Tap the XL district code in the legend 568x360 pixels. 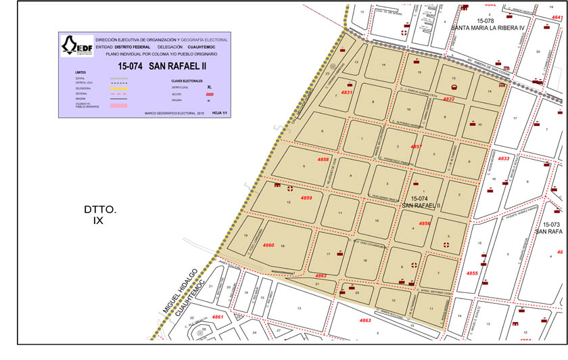click(x=210, y=87)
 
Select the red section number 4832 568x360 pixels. click(x=448, y=99)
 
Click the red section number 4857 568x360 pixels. click(x=417, y=146)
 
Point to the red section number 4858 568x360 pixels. click(x=323, y=160)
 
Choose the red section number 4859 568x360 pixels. click(x=306, y=198)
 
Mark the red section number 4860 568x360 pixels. click(x=268, y=245)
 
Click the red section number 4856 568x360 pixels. click(x=424, y=223)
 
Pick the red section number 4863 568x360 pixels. click(x=365, y=320)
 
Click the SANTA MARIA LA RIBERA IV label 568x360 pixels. click(x=488, y=28)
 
